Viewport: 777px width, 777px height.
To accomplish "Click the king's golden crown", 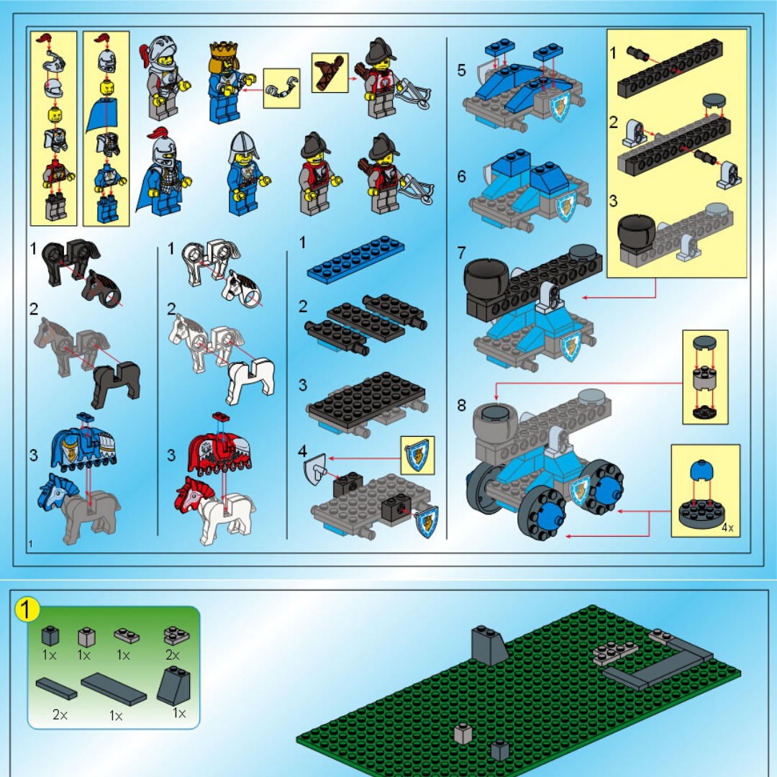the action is coord(224,50).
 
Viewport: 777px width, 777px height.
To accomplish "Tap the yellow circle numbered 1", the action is coord(27,609).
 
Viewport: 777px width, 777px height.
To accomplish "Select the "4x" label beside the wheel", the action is coord(727,528).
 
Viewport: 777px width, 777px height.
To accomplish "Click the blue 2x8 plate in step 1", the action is coord(356,256).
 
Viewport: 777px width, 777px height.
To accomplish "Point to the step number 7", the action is coord(461,253).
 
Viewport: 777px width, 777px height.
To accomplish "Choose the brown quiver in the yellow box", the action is coord(330,73).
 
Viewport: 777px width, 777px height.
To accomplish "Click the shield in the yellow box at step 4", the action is coord(417,455).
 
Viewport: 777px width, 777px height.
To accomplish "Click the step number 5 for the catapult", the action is coord(461,71).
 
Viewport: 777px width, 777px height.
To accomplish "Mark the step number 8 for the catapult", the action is coord(461,405).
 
